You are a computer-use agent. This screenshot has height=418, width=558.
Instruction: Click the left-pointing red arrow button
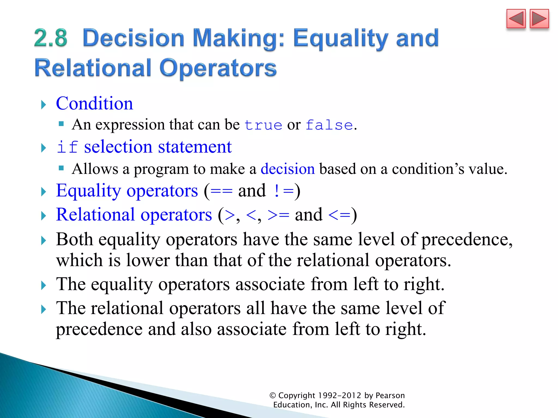(516, 19)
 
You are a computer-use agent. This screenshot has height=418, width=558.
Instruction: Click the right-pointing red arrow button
(539, 19)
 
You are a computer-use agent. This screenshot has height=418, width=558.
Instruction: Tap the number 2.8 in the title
(51, 38)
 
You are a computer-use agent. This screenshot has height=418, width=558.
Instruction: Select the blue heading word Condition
(94, 104)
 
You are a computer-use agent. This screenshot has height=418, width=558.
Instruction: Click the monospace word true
(263, 125)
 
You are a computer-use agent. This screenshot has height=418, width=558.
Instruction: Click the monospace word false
(329, 125)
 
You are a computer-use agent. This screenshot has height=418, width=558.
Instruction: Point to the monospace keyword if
(67, 147)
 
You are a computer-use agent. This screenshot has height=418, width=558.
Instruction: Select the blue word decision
(287, 169)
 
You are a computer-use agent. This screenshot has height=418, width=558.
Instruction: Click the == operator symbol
(221, 191)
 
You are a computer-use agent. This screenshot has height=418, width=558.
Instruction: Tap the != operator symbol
(283, 191)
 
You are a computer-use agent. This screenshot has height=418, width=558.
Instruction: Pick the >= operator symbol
(278, 215)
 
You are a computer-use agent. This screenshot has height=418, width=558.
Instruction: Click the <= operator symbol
(339, 215)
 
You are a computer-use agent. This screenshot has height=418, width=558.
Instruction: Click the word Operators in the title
(218, 68)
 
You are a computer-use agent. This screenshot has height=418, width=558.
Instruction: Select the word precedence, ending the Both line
(467, 240)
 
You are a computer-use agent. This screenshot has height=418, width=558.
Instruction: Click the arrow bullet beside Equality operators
(44, 192)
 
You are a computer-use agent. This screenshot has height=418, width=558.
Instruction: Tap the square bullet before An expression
(61, 124)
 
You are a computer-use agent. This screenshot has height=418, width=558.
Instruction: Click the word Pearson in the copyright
(390, 395)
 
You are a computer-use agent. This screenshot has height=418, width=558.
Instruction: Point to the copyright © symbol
(272, 396)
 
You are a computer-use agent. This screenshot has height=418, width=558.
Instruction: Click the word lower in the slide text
(148, 260)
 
